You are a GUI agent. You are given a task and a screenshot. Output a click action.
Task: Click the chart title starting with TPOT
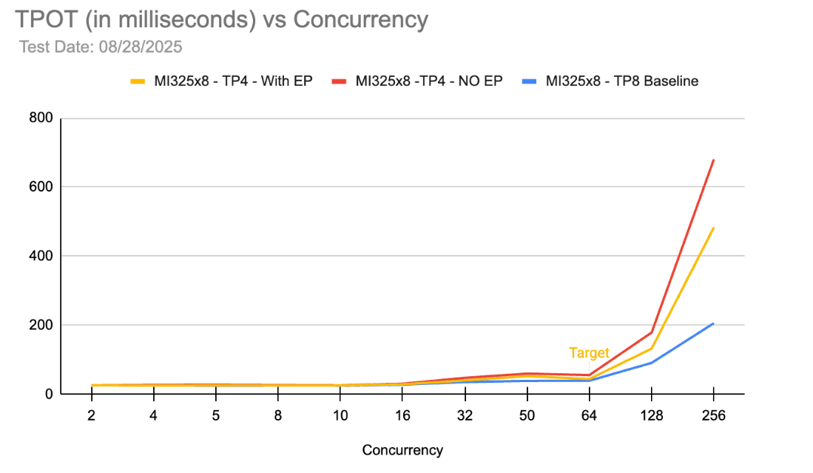click(x=220, y=19)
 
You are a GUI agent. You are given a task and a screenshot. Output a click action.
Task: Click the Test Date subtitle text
click(x=101, y=47)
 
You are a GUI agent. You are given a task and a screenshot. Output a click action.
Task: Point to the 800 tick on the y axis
click(x=41, y=118)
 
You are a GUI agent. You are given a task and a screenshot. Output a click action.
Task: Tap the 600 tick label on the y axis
click(x=41, y=187)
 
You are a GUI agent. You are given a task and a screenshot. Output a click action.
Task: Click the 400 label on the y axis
click(x=41, y=256)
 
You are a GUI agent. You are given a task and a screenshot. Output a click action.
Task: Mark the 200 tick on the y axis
click(x=41, y=325)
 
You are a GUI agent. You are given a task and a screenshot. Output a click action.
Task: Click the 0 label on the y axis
click(x=48, y=394)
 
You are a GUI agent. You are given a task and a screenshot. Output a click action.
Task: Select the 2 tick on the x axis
click(x=92, y=415)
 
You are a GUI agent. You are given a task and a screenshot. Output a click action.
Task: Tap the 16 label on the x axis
click(x=402, y=415)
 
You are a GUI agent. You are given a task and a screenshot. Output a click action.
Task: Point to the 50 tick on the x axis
click(x=526, y=415)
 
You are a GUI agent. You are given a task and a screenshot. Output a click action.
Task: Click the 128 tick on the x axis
click(x=650, y=415)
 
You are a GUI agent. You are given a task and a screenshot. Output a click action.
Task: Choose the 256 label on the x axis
click(x=712, y=415)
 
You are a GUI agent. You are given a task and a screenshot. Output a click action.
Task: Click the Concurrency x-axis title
click(x=402, y=450)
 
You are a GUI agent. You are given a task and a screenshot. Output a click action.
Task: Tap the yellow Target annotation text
click(x=589, y=353)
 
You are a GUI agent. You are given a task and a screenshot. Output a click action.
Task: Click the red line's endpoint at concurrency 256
click(x=713, y=160)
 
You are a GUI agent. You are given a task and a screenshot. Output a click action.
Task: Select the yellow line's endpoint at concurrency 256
click(x=713, y=228)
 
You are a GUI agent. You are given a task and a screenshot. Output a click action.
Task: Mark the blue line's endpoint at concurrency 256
click(x=713, y=323)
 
